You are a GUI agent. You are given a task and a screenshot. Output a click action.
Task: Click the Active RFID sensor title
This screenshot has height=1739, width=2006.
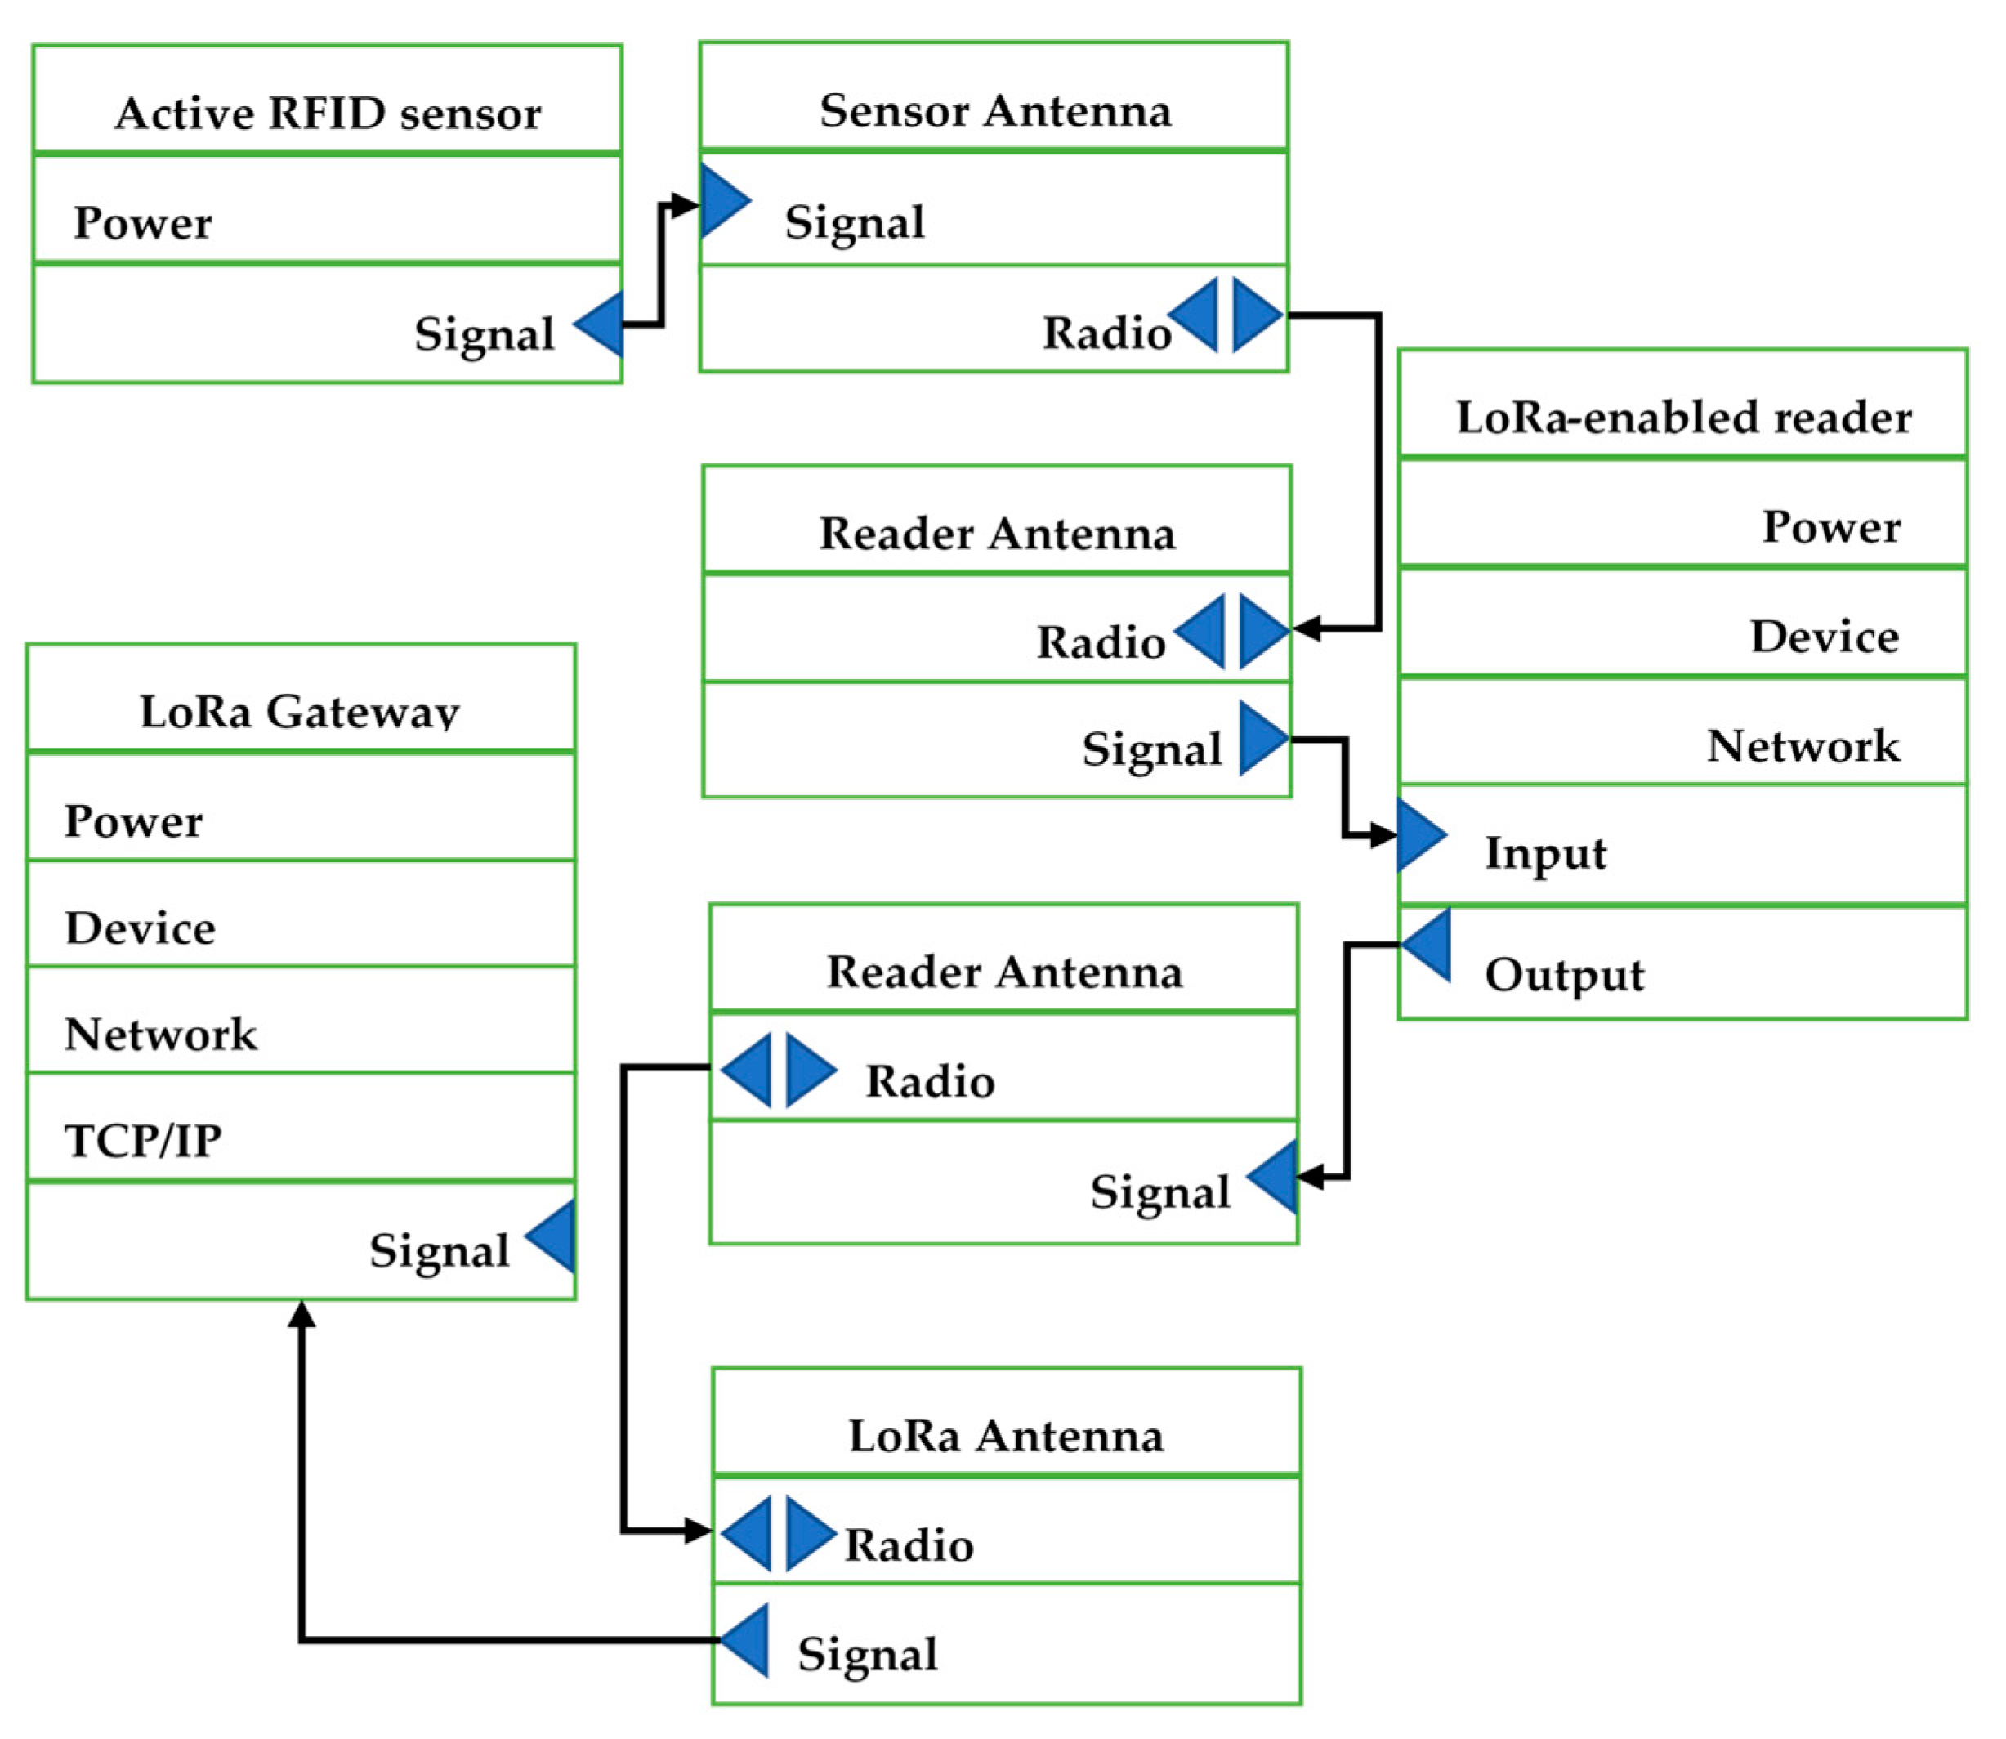328,114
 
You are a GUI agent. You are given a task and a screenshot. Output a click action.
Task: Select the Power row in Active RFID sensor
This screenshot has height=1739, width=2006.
143,223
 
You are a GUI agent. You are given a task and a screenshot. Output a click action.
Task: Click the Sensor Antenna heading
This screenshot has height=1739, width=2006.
994,110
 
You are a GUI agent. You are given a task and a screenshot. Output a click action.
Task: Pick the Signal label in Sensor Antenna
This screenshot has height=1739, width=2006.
854,222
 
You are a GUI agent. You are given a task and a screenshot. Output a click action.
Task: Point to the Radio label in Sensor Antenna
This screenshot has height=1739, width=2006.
1106,333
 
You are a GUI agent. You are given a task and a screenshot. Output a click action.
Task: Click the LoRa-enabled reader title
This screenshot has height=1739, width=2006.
1684,418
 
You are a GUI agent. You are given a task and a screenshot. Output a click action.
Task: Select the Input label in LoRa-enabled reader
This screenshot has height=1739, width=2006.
1545,854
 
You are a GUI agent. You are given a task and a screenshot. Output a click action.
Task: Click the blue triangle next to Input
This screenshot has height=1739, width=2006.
1418,834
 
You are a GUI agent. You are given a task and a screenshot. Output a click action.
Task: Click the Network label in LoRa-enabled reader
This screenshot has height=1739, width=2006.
1803,746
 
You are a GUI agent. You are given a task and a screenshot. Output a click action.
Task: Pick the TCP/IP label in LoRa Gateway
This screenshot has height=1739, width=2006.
143,1140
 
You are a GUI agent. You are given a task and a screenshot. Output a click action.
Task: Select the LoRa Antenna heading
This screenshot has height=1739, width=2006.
1005,1437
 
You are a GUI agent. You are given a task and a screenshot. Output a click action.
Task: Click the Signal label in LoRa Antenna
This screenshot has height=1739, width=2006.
867,1655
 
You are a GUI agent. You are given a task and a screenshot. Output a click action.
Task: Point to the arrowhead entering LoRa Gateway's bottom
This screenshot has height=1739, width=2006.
302,1314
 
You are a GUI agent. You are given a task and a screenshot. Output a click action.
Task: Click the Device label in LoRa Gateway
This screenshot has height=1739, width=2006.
140,928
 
